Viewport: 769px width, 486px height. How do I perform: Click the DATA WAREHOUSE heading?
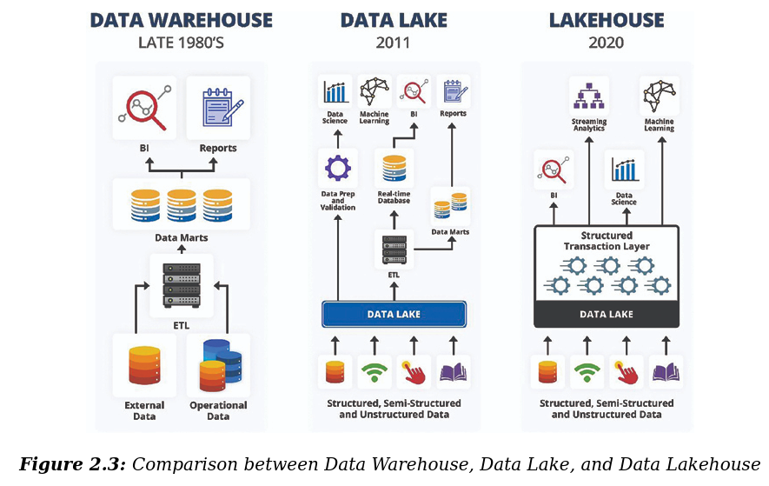click(x=182, y=20)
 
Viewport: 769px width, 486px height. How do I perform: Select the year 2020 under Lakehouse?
click(x=606, y=42)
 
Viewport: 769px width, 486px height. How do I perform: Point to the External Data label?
click(x=144, y=410)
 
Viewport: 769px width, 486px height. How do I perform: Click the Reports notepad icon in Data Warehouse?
click(x=218, y=108)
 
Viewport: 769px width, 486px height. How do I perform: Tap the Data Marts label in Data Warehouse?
click(x=182, y=237)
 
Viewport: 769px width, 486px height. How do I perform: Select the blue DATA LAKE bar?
click(x=394, y=314)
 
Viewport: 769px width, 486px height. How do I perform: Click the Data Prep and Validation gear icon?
click(x=336, y=167)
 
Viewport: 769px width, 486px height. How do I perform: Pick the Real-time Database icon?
click(x=394, y=169)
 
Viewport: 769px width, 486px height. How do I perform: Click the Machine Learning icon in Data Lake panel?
click(x=375, y=91)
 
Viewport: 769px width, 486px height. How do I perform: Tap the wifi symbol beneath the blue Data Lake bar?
click(x=375, y=371)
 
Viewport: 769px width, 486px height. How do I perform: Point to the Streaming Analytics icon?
click(x=589, y=95)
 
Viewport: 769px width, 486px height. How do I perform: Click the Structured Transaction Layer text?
click(x=606, y=241)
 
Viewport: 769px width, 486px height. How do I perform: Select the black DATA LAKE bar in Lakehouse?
click(x=606, y=314)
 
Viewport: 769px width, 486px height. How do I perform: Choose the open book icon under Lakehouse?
click(x=666, y=372)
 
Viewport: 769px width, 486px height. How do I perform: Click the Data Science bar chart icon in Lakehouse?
click(x=625, y=169)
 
